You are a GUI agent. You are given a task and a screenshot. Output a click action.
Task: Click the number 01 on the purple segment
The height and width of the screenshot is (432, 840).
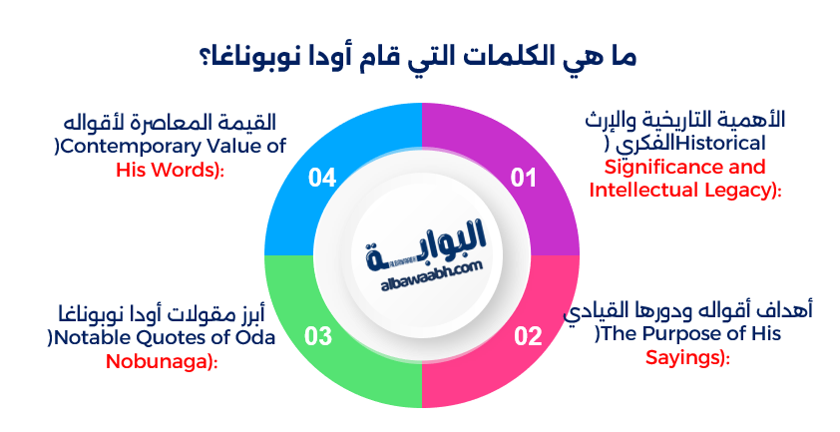(x=525, y=179)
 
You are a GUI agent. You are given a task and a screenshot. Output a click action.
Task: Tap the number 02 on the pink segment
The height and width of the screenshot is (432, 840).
(x=527, y=335)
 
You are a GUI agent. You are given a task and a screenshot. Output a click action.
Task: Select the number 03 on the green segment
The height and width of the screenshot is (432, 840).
(x=318, y=335)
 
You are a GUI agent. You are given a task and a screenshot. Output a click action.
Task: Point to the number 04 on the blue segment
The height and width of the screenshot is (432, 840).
(x=322, y=179)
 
